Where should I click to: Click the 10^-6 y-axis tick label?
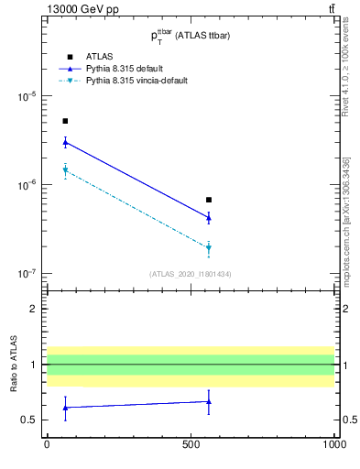(x=26, y=185)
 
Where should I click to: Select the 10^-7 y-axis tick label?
(x=26, y=274)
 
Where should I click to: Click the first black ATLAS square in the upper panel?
(x=65, y=121)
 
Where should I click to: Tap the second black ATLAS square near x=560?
(x=209, y=200)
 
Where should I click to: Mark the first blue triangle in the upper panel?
(x=65, y=142)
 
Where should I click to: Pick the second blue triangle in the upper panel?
(x=209, y=217)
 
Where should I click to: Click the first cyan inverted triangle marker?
(x=65, y=170)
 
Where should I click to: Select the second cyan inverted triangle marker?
(x=209, y=248)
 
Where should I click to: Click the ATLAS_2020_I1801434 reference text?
(x=190, y=274)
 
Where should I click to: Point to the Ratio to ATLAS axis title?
(x=14, y=365)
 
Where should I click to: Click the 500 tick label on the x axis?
(x=191, y=444)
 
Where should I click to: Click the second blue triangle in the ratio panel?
(x=209, y=401)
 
